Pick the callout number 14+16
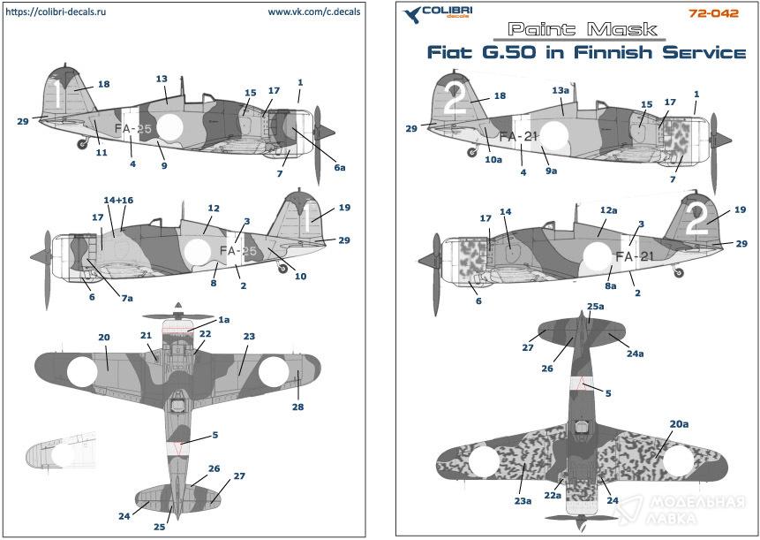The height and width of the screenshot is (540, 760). [x=117, y=202]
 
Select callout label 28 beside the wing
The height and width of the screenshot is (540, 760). [x=298, y=407]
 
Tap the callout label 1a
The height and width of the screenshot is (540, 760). [x=224, y=319]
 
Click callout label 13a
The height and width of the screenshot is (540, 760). [x=561, y=91]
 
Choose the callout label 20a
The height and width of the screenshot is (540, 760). [x=678, y=425]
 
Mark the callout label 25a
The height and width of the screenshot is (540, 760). [x=596, y=307]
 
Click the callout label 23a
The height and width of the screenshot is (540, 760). [x=523, y=501]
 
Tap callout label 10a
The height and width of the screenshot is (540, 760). [x=493, y=160]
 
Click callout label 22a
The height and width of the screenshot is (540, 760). [x=552, y=496]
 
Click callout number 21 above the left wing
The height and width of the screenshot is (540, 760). [x=146, y=336]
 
